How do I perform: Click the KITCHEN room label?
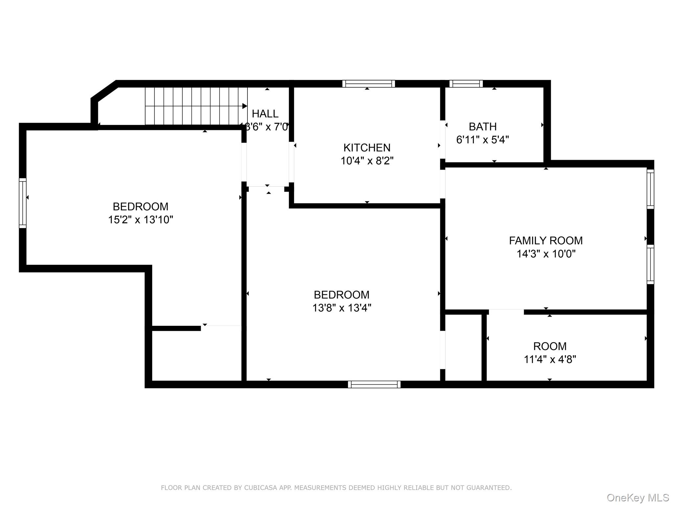point(367,148)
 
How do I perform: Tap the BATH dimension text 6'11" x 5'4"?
point(482,140)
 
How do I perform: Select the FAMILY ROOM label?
point(545,241)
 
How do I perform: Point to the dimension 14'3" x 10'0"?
point(545,254)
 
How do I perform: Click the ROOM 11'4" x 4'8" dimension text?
point(550,359)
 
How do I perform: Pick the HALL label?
point(265,114)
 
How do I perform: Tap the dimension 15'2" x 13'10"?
point(140,220)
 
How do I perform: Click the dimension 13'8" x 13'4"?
point(341,308)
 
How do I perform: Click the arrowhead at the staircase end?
point(244,106)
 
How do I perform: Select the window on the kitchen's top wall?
point(368,84)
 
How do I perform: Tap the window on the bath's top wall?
point(466,84)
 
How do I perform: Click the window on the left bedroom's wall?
point(22,203)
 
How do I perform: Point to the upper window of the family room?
point(650,189)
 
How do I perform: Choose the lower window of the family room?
point(650,264)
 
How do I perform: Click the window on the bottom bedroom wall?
point(374,384)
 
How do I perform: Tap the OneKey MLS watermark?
point(638,497)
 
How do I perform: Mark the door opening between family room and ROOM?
point(506,311)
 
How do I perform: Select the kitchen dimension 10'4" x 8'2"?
point(367,161)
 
